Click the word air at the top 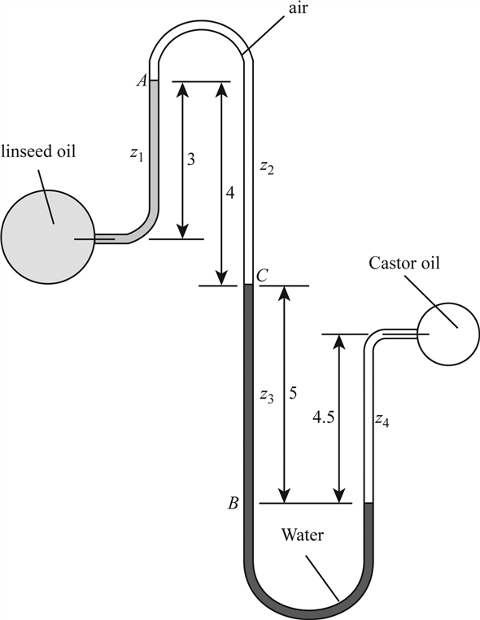pyautogui.click(x=297, y=9)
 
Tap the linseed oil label pyautogui.click(x=38, y=151)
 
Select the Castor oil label pyautogui.click(x=404, y=263)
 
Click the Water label pyautogui.click(x=303, y=535)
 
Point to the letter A pyautogui.click(x=142, y=81)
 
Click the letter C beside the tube pyautogui.click(x=262, y=275)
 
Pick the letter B pyautogui.click(x=233, y=503)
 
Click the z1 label pyautogui.click(x=137, y=155)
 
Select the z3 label pyautogui.click(x=267, y=395)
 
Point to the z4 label pyautogui.click(x=382, y=421)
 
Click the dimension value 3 pyautogui.click(x=191, y=159)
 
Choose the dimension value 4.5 pyautogui.click(x=324, y=417)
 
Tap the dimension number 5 pyautogui.click(x=293, y=393)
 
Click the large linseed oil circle pyautogui.click(x=48, y=237)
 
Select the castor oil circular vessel pyautogui.click(x=449, y=334)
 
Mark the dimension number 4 pyautogui.click(x=230, y=193)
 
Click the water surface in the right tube pyautogui.click(x=369, y=503)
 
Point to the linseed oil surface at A pyautogui.click(x=154, y=81)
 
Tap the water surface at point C pyautogui.click(x=248, y=284)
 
